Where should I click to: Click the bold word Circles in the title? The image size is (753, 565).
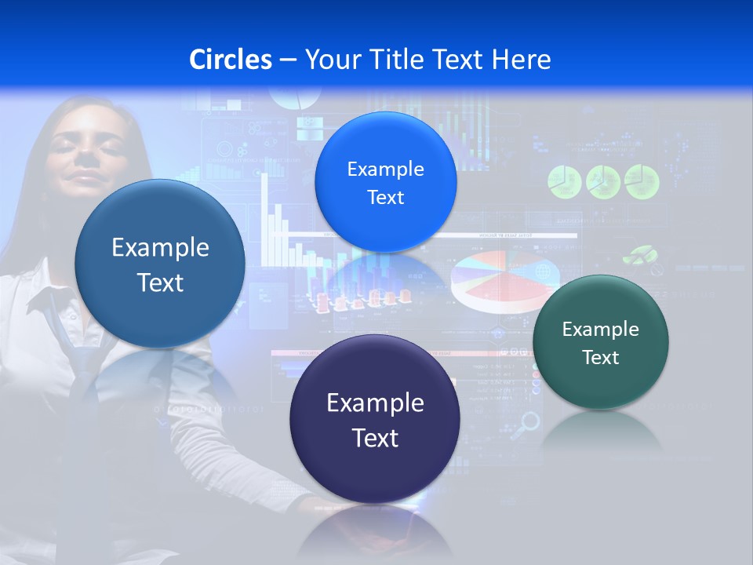[230, 60]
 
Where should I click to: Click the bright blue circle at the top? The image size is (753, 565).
[385, 182]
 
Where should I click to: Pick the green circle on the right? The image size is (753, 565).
[600, 342]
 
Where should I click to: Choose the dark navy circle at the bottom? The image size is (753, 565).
[375, 419]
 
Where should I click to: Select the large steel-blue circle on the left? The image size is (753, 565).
[160, 264]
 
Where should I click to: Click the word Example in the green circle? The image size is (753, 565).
[600, 330]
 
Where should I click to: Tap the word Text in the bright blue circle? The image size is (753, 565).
[385, 198]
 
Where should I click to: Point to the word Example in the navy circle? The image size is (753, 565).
[375, 403]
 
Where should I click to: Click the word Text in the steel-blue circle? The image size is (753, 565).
[160, 282]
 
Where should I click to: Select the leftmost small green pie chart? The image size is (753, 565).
[563, 181]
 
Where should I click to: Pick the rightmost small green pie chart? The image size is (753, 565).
[642, 181]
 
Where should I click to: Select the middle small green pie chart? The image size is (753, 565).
[602, 181]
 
